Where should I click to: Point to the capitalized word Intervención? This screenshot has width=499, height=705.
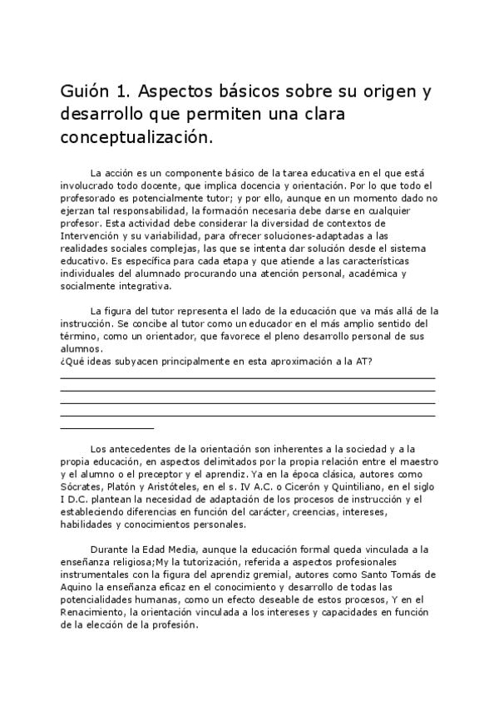tap(90, 236)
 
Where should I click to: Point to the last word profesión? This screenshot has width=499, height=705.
tap(173, 624)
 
